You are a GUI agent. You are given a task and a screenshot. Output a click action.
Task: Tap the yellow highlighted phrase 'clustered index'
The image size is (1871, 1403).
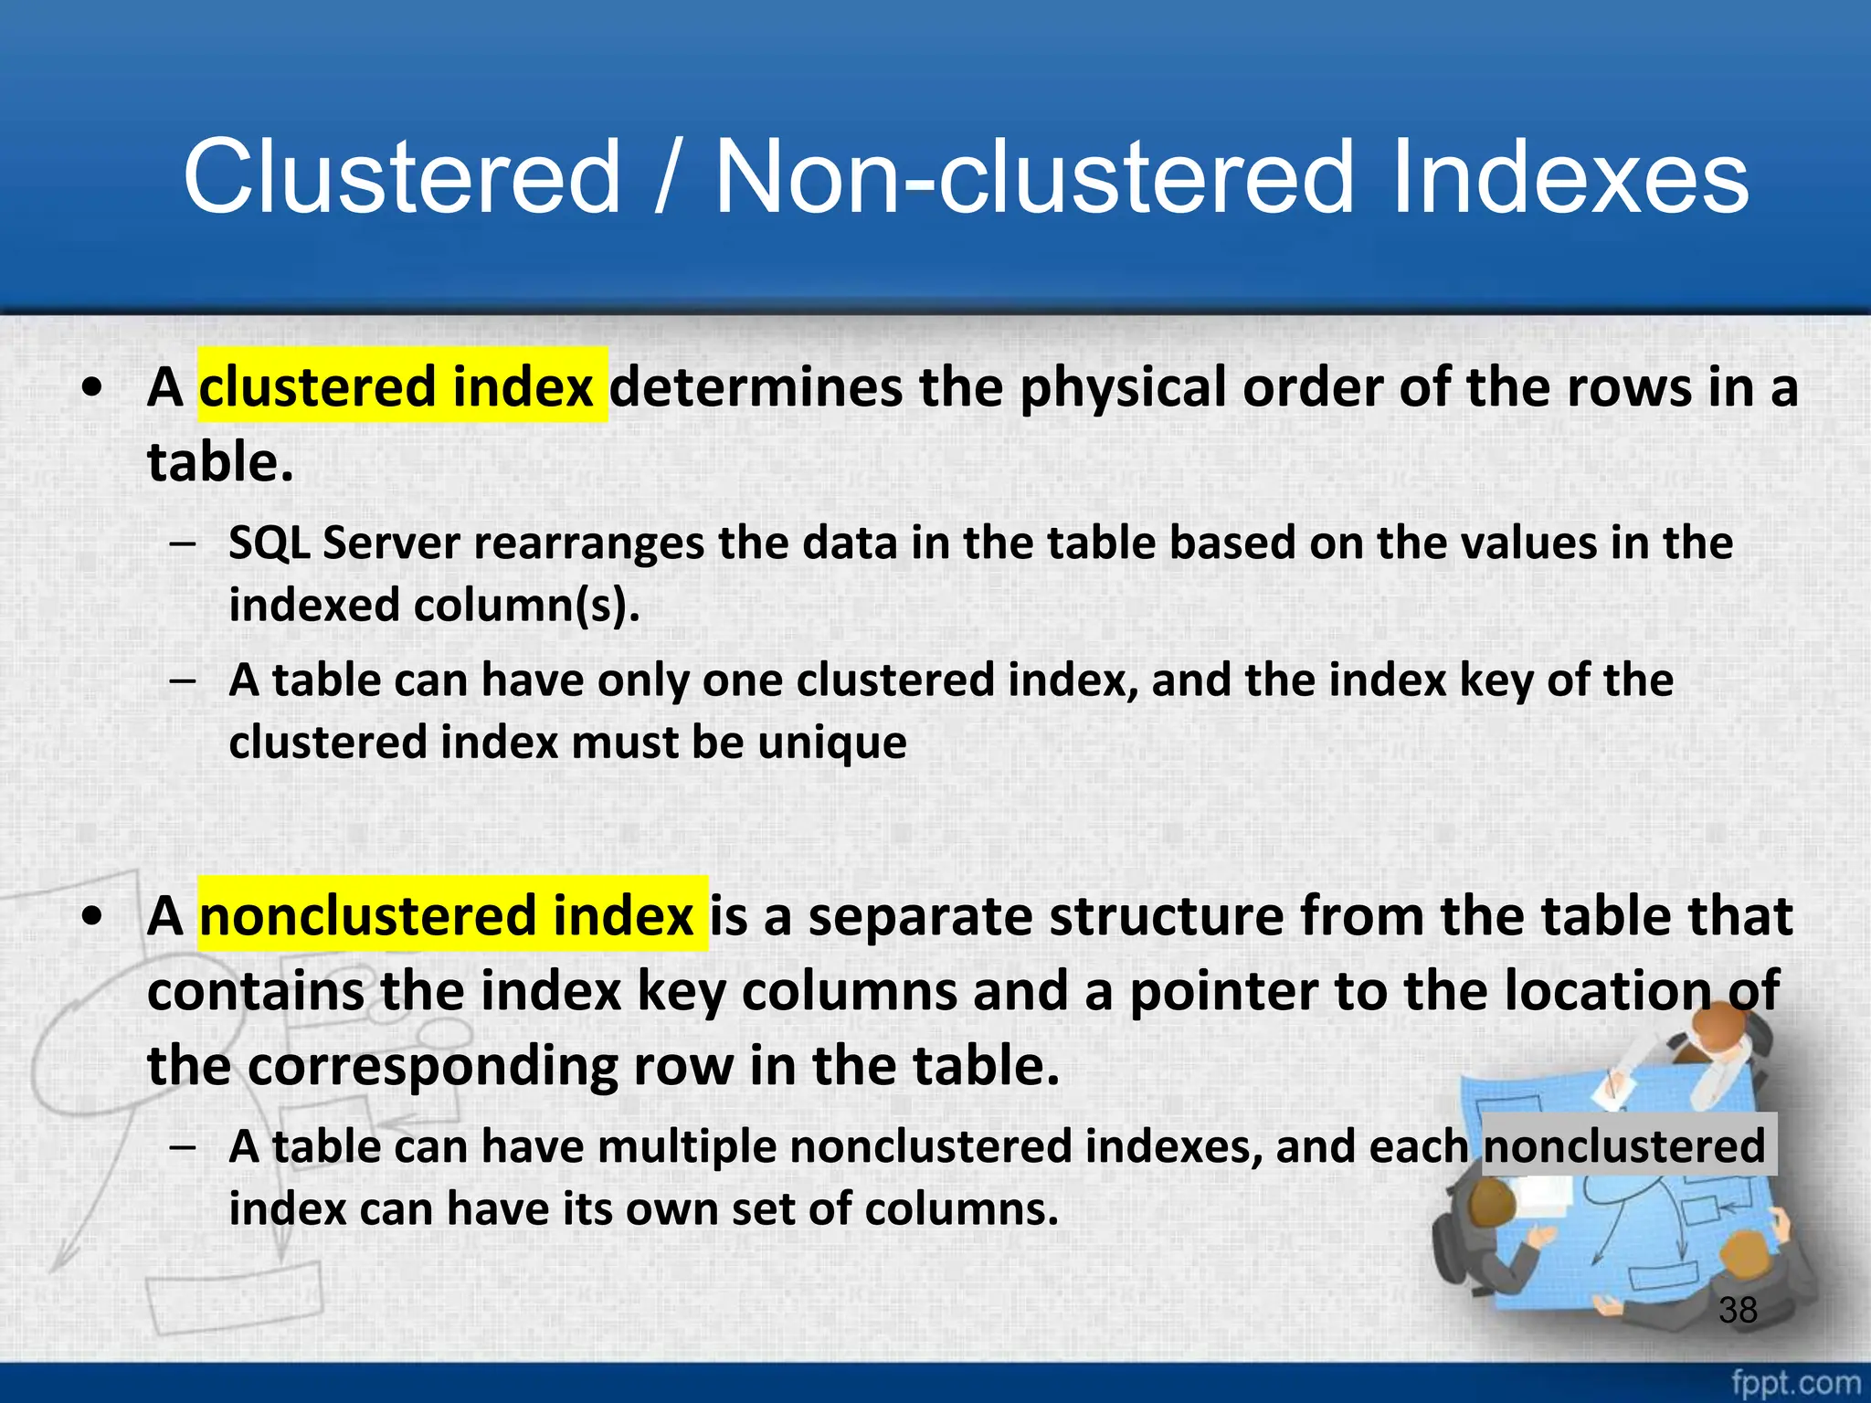(402, 386)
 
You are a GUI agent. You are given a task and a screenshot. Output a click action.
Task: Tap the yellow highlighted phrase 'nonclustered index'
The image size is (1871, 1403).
(452, 915)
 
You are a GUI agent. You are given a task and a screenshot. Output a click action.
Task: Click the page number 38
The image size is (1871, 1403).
(1738, 1310)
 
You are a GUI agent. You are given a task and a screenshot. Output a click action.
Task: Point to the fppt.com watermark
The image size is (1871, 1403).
(1795, 1382)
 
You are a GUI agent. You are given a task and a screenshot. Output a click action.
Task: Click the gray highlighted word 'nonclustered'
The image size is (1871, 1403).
(1624, 1146)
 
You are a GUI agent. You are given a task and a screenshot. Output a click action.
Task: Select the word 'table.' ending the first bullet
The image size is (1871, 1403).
(220, 461)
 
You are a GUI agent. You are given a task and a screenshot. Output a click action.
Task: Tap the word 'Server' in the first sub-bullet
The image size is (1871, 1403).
(391, 543)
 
